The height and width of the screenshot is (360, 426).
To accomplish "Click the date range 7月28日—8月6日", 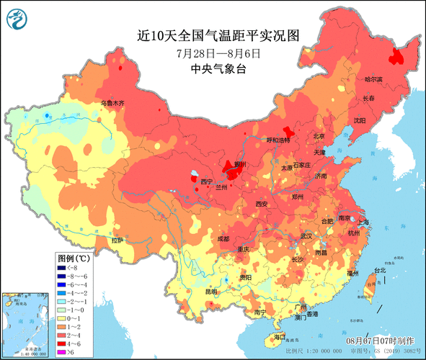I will coord(217,53).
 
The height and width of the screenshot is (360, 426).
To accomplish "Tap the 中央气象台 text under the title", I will coord(217,69).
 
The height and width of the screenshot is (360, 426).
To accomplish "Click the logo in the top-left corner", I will coord(17,17).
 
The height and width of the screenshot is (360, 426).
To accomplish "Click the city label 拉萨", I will coord(117,240).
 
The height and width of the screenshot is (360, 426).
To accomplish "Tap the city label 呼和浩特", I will coord(278,140).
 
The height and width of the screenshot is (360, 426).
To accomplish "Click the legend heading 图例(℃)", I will coord(74,258).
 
